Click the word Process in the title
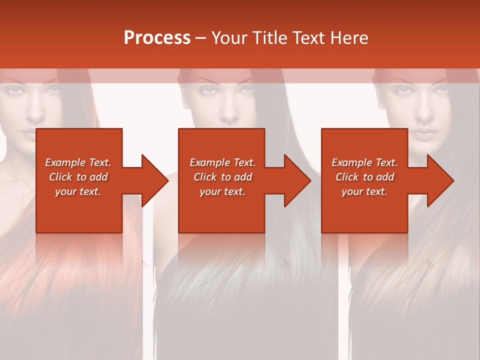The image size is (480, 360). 157,38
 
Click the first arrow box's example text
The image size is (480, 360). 78,177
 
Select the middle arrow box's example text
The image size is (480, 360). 222,177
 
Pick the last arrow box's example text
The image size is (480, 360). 364,177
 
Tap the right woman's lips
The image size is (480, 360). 423,133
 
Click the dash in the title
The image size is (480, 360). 200,38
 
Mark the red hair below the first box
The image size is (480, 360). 75,270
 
